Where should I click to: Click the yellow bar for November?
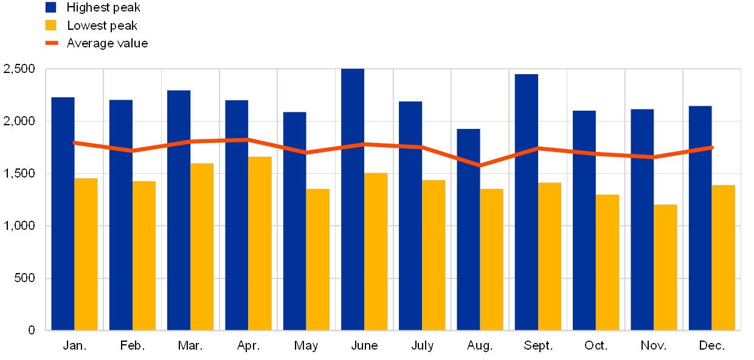(x=665, y=268)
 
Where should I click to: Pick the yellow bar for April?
(x=260, y=243)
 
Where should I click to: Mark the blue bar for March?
(x=179, y=210)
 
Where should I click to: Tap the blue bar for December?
(x=700, y=218)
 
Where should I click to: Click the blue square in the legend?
(x=51, y=7)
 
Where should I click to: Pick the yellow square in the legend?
(x=51, y=25)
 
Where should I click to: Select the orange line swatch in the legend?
(x=52, y=43)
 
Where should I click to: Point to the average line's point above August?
(x=480, y=165)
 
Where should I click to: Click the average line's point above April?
(x=248, y=139)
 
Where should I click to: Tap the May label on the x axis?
(x=306, y=346)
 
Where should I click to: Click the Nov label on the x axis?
(x=653, y=346)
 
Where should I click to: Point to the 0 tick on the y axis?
(x=32, y=330)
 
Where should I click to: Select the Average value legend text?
(x=107, y=43)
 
